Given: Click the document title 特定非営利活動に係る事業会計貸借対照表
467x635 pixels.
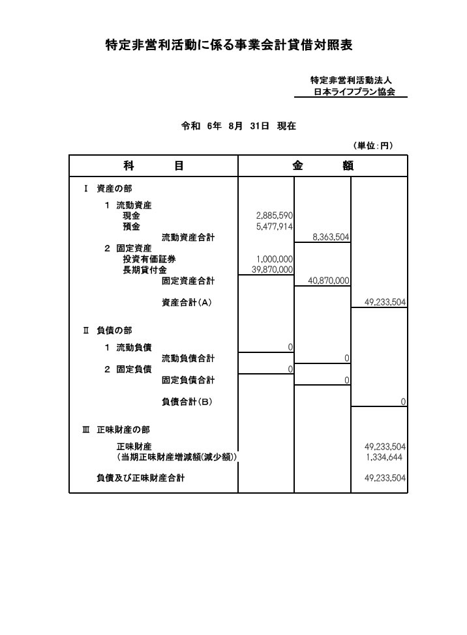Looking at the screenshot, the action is tap(229, 45).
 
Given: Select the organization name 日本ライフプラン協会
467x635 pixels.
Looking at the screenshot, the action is tap(354, 92).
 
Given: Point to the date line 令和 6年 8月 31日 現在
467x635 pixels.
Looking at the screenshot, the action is tap(238, 126).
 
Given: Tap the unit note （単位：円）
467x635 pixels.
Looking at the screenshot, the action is tap(373, 145).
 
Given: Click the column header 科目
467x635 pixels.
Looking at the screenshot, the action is tap(153, 165).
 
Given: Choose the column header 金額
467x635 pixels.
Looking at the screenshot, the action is tap(323, 165).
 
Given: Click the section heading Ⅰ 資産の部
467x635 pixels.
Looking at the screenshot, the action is tap(108, 188).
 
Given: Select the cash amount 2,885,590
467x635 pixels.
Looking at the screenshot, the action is tap(275, 216).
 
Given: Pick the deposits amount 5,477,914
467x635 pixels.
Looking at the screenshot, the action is tap(275, 227).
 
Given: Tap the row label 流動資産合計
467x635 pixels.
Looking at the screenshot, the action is tap(188, 237).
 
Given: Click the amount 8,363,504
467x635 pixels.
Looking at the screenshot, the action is tap(331, 237).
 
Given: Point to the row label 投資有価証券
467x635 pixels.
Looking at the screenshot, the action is tap(149, 259).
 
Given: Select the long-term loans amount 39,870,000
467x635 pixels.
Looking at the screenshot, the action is tap(272, 270).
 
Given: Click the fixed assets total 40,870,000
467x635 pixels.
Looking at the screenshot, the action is tap(329, 281).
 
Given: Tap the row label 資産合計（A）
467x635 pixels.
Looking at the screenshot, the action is tap(187, 302).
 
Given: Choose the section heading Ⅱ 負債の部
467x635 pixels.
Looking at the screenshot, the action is tap(108, 330).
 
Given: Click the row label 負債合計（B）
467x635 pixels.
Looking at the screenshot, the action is tap(187, 402).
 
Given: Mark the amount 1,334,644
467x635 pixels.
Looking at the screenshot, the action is tap(384, 457).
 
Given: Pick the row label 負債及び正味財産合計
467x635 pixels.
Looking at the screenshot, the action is tap(140, 478).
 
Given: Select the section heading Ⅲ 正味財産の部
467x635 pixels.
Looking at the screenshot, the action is tap(116, 430).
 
